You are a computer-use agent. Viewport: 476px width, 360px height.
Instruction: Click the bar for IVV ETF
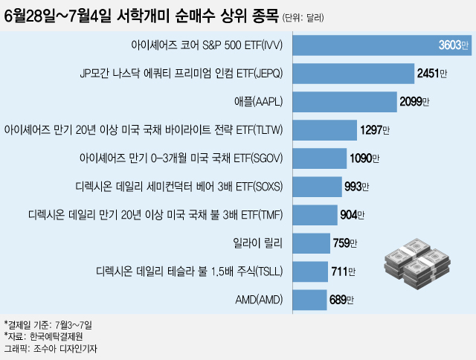point(364,45)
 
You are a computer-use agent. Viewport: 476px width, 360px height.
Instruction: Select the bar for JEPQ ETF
point(353,74)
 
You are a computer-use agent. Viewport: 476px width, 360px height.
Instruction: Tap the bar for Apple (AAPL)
point(345,102)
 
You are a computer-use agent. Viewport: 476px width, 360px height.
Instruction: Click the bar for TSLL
point(310,271)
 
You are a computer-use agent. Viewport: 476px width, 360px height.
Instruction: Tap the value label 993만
point(357,187)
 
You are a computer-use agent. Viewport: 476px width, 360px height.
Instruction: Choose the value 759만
point(344,243)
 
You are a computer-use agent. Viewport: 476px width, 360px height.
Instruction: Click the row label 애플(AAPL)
point(260,102)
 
